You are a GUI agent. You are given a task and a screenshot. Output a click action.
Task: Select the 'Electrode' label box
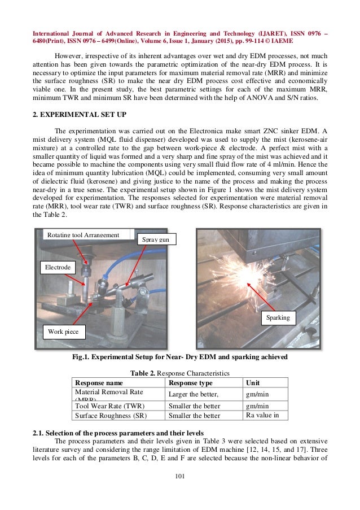pyautogui.click(x=58, y=267)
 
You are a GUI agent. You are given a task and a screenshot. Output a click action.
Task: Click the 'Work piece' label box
pyautogui.click(x=63, y=332)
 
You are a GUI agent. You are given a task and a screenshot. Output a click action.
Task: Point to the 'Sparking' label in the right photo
pyautogui.click(x=278, y=317)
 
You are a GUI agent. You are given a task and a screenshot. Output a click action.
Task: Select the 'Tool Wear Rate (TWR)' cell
pyautogui.click(x=109, y=406)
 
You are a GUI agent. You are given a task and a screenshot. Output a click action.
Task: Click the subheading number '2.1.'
pyautogui.click(x=40, y=433)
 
